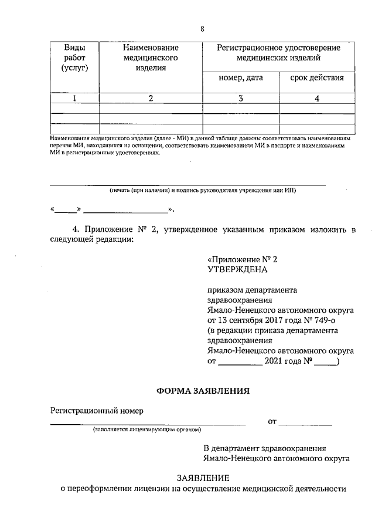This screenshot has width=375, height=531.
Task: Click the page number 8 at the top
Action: point(202,29)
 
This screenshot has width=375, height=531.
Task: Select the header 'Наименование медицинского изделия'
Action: point(150,58)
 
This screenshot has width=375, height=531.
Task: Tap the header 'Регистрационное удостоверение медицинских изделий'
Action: point(278,53)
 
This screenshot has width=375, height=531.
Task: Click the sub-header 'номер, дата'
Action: point(240,78)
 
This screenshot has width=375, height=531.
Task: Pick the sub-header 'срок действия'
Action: point(316,78)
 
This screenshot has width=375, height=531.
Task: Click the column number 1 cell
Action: point(74,99)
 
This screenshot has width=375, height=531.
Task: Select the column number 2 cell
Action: point(150,99)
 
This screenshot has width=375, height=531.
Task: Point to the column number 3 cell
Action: point(240,99)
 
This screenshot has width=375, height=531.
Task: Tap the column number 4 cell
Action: point(316,99)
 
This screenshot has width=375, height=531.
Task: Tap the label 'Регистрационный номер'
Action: point(96,410)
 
